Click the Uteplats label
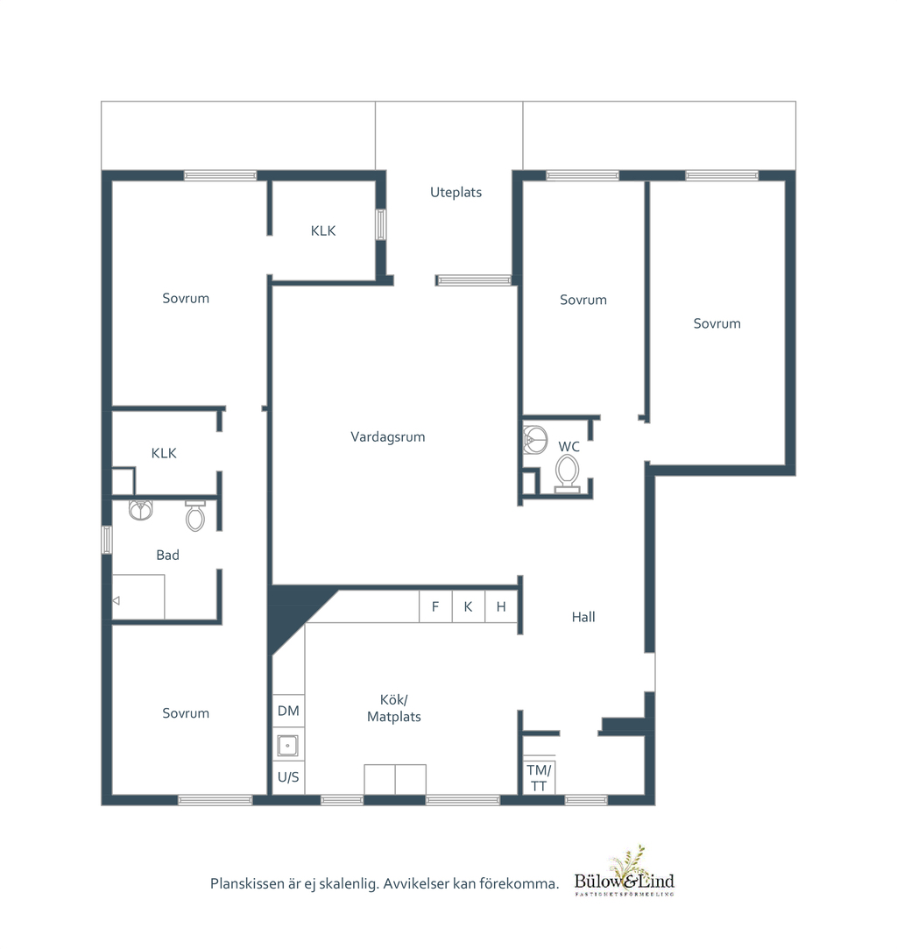pyautogui.click(x=456, y=193)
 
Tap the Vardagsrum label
pyautogui.click(x=388, y=437)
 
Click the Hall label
pyautogui.click(x=583, y=618)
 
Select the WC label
pyautogui.click(x=569, y=447)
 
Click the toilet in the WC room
pyautogui.click(x=567, y=474)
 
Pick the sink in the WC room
pyautogui.click(x=534, y=439)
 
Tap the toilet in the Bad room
pyautogui.click(x=195, y=515)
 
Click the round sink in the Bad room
pyautogui.click(x=140, y=510)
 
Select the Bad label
pyautogui.click(x=167, y=555)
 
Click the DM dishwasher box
pyautogui.click(x=288, y=711)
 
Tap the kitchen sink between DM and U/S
pyautogui.click(x=287, y=746)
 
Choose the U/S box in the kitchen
pyautogui.click(x=288, y=777)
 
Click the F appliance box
pyautogui.click(x=435, y=606)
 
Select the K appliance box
pyautogui.click(x=468, y=606)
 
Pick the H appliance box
pyautogui.click(x=501, y=606)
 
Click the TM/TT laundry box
pyautogui.click(x=539, y=777)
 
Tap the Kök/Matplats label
pyautogui.click(x=394, y=708)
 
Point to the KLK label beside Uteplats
pyautogui.click(x=323, y=230)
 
